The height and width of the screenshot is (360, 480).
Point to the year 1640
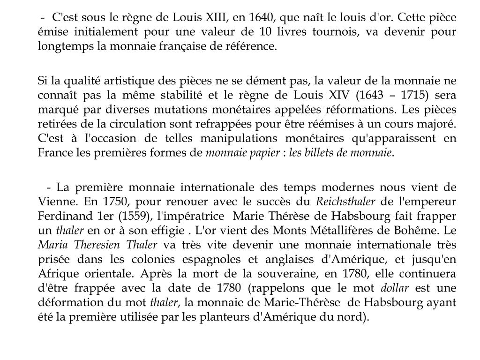(259, 18)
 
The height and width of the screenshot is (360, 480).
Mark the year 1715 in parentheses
(414, 95)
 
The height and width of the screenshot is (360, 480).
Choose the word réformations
(329, 110)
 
